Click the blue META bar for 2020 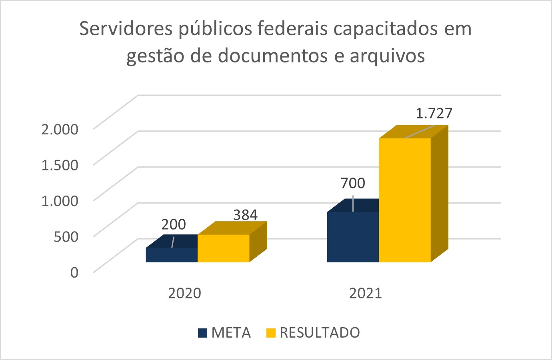[x=172, y=255]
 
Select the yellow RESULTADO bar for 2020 [x=223, y=248]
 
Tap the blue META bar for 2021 [x=353, y=237]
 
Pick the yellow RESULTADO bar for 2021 [x=404, y=200]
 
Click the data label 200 [x=174, y=224]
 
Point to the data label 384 [x=245, y=215]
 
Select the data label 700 [x=353, y=183]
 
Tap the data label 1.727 [x=434, y=114]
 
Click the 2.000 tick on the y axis [x=60, y=129]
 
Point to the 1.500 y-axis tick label [x=60, y=165]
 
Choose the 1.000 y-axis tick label [x=60, y=200]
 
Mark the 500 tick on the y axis [x=66, y=236]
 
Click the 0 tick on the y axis [x=74, y=272]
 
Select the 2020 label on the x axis [x=184, y=293]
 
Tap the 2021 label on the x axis [x=366, y=293]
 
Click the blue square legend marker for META [x=203, y=333]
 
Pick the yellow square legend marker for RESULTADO [x=271, y=333]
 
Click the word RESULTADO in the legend [x=320, y=333]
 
